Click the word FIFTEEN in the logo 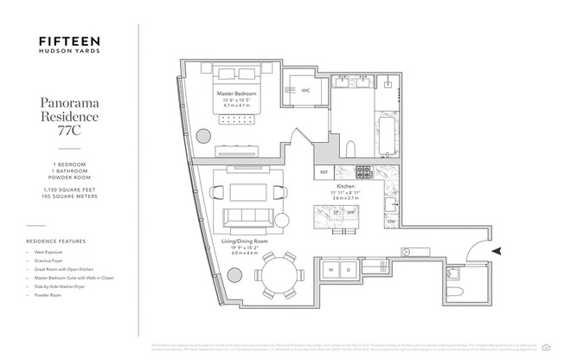70,41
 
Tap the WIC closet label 305,89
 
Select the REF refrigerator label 324,171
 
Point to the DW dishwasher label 391,221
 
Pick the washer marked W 330,270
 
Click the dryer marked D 349,270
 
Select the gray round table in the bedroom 206,136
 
